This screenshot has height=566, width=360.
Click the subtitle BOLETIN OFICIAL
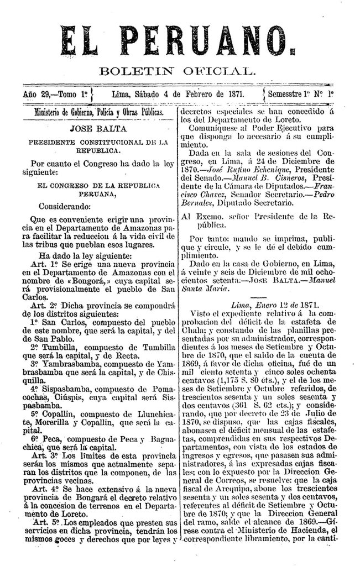click(x=176, y=71)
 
